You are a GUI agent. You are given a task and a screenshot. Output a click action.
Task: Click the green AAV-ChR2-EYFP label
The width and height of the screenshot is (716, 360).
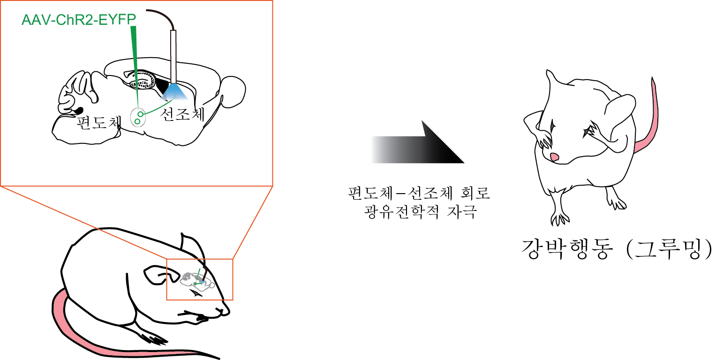(79, 20)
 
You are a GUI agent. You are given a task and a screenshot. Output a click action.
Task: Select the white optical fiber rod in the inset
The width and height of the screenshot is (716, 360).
(173, 56)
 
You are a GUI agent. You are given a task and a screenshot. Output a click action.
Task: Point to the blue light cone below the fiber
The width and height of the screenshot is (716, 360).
(174, 92)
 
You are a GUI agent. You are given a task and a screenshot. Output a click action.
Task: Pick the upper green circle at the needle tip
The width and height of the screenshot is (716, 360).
(140, 114)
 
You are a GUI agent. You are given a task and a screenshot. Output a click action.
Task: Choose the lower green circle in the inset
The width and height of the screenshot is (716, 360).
(137, 121)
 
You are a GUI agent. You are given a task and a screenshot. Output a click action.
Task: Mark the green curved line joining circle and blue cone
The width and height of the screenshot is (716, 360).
(157, 108)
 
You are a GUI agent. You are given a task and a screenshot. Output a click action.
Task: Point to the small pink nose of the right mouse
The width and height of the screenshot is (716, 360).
(555, 157)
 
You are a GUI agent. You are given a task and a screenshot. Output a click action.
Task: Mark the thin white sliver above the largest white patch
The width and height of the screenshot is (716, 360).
(601, 94)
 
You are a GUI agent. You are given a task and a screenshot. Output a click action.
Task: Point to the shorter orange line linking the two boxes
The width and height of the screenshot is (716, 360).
(253, 223)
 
